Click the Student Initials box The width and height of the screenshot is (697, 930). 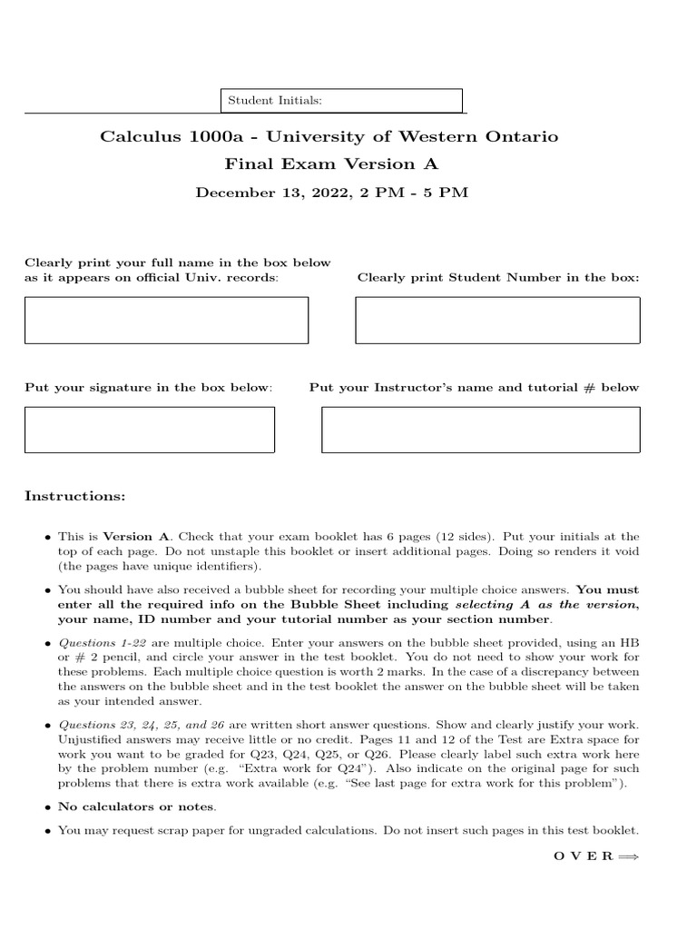point(342,100)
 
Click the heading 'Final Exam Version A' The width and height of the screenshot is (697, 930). point(331,164)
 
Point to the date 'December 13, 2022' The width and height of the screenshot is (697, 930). point(270,193)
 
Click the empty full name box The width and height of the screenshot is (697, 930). point(166,321)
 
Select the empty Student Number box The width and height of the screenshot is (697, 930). point(497,321)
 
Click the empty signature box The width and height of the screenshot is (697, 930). point(150,430)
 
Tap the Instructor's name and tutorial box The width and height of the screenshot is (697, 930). point(480,430)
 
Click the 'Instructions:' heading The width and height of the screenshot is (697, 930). point(75,497)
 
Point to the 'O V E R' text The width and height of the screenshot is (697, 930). point(583,856)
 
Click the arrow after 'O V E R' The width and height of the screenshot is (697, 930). point(628,856)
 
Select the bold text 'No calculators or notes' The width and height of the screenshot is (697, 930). point(136,806)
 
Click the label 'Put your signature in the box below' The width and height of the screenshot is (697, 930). point(148,388)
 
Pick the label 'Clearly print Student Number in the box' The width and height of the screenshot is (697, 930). point(498,277)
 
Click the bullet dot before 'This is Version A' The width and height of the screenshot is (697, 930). point(46,538)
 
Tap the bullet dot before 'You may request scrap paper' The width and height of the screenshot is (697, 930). point(46,831)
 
